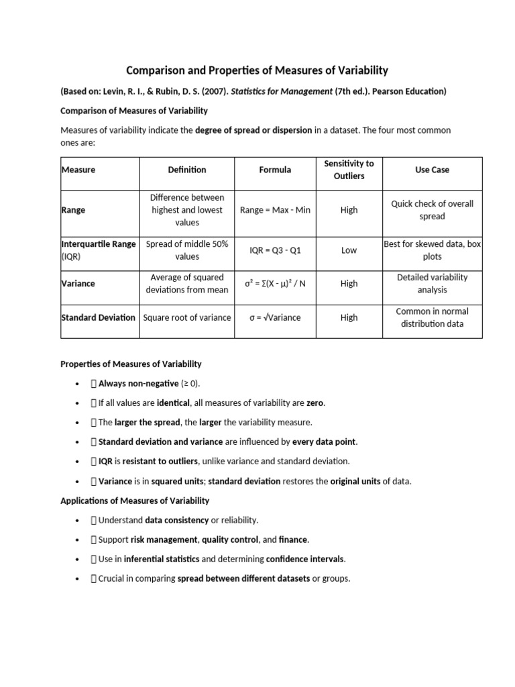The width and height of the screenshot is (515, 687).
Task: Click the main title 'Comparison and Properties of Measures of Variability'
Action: pyautogui.click(x=257, y=70)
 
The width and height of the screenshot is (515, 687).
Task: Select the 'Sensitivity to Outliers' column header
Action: pyautogui.click(x=349, y=170)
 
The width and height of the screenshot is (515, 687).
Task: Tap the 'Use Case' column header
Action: pyautogui.click(x=432, y=170)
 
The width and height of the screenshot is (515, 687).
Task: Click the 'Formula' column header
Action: pyautogui.click(x=275, y=170)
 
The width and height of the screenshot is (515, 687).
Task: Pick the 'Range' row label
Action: pyautogui.click(x=73, y=210)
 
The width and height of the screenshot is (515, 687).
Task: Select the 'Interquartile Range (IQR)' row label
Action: pyautogui.click(x=98, y=250)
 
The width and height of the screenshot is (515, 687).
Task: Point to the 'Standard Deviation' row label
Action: pyautogui.click(x=98, y=317)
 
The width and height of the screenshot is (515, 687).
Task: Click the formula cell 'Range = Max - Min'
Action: pyautogui.click(x=275, y=210)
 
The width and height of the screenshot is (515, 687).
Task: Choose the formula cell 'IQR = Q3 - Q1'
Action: pyautogui.click(x=275, y=250)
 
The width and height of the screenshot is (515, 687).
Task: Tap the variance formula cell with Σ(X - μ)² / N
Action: pyautogui.click(x=275, y=284)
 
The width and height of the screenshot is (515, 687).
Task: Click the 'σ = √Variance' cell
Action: pyautogui.click(x=275, y=317)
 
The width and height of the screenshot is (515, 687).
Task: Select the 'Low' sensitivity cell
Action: pyautogui.click(x=349, y=250)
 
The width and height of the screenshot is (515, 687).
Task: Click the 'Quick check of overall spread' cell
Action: pyautogui.click(x=432, y=210)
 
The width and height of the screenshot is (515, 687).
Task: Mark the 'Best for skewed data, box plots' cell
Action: pyautogui.click(x=432, y=250)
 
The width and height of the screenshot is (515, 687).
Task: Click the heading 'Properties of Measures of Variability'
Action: pyautogui.click(x=131, y=364)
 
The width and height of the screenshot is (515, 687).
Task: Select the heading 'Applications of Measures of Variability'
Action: pyautogui.click(x=135, y=500)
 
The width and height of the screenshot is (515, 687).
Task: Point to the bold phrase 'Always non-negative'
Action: pyautogui.click(x=139, y=384)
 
